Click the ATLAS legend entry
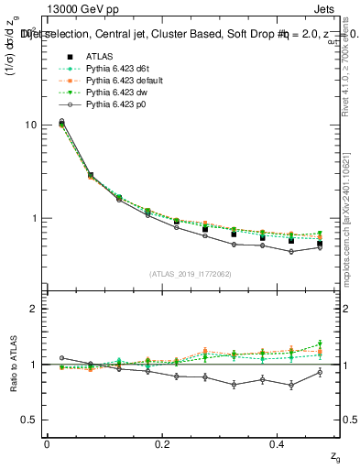click(98, 57)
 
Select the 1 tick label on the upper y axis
click(37, 219)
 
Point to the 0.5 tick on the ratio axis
click(32, 420)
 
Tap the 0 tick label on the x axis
click(47, 444)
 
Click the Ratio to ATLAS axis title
click(13, 364)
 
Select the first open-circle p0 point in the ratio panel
click(61, 358)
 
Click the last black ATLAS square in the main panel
click(319, 244)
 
